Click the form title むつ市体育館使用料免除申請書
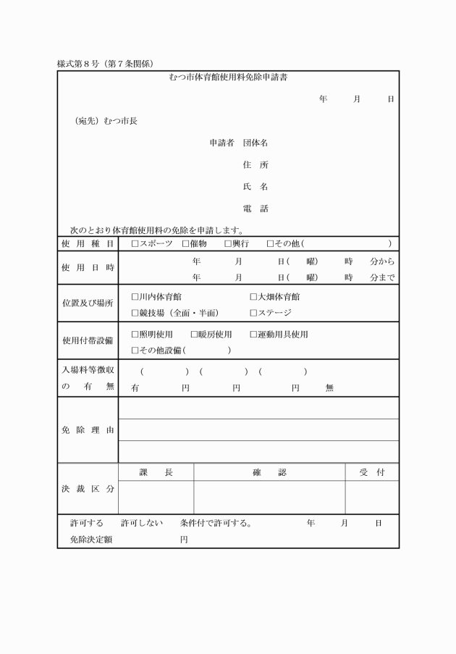point(227,77)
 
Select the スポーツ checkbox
point(135,244)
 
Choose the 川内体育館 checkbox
point(135,296)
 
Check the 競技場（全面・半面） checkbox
point(135,313)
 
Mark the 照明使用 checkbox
point(135,334)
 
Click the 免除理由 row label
point(88,430)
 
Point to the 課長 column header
point(156,472)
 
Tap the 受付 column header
point(371,472)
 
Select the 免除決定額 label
point(91,540)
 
